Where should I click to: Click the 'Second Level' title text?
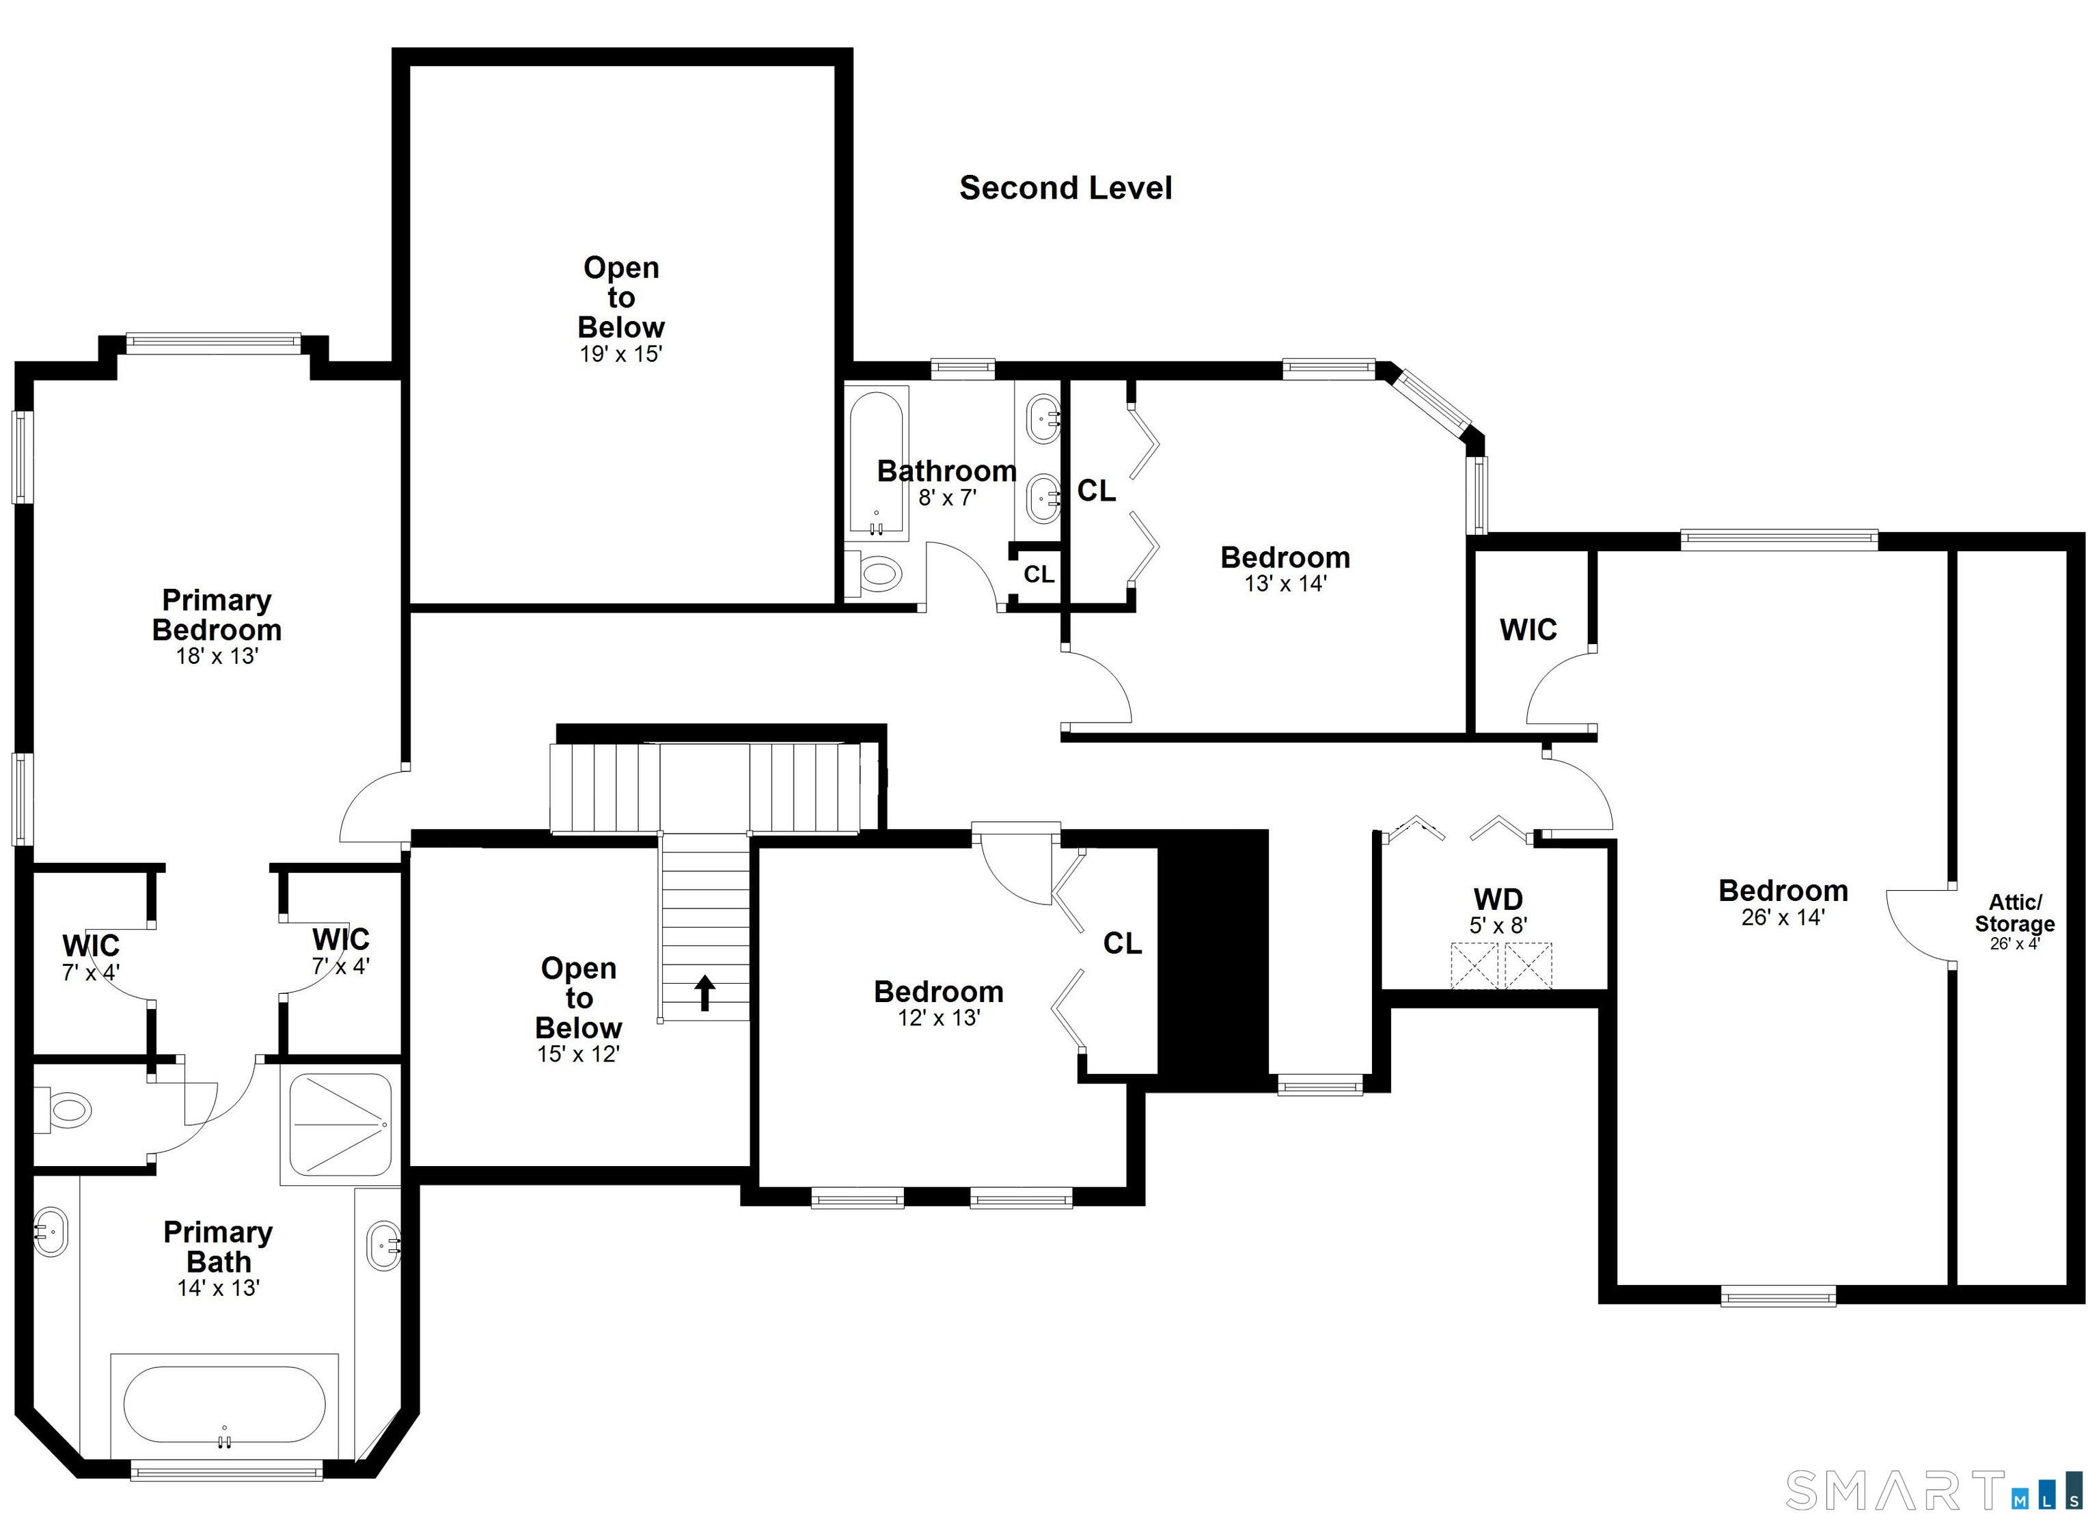tap(1065, 188)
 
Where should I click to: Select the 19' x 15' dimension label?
tap(621, 354)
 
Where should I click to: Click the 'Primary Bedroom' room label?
tap(217, 615)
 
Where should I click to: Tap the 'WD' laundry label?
tap(1498, 898)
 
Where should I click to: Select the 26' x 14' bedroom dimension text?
tap(1783, 917)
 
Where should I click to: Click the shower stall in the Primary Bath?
tap(340, 1124)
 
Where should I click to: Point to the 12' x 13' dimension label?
tap(938, 1018)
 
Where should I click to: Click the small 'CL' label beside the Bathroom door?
tap(1039, 574)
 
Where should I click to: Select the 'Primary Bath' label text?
tap(219, 1247)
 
